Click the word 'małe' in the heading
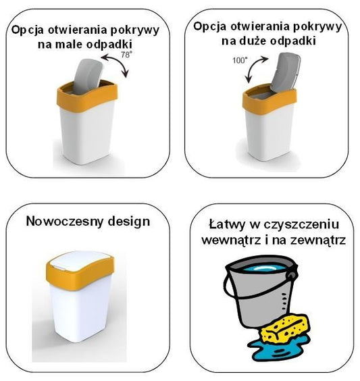pyautogui.click(x=68, y=45)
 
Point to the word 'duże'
pyautogui.click(x=253, y=41)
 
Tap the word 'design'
pyautogui.click(x=129, y=222)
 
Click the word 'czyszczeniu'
pyautogui.click(x=301, y=225)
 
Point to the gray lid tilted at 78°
pyautogui.click(x=88, y=76)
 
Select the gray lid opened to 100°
pyautogui.click(x=286, y=71)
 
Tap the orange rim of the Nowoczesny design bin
pyautogui.click(x=80, y=274)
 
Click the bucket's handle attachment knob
pyautogui.click(x=291, y=275)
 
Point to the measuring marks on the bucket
pyautogui.click(x=284, y=301)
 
